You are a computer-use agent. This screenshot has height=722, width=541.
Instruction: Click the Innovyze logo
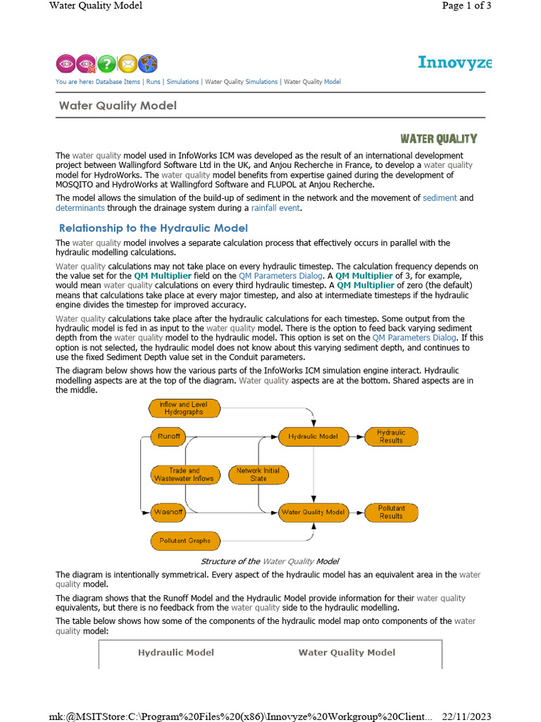point(454,62)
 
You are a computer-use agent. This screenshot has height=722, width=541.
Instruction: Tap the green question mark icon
point(106,63)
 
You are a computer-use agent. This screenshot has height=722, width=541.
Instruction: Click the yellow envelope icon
point(127,63)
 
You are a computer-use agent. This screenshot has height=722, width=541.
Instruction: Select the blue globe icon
point(148,63)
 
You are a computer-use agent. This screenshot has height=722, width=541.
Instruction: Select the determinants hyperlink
point(80,208)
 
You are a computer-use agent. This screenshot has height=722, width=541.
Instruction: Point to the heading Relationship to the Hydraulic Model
point(154,228)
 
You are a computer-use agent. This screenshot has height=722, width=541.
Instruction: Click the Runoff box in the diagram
point(169,436)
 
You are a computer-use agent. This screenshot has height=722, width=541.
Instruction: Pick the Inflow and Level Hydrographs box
point(185,408)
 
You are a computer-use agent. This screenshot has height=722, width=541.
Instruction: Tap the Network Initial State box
point(258,475)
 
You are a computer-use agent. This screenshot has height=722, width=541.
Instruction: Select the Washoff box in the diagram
point(169,512)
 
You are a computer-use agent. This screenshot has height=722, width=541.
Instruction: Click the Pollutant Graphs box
point(185,541)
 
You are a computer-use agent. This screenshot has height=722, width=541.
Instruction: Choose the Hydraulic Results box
point(391,436)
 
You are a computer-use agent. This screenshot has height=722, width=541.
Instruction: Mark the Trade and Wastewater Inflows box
point(184,475)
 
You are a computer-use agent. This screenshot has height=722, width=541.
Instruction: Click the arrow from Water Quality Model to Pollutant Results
point(356,512)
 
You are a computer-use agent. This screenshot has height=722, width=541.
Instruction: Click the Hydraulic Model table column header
point(175,652)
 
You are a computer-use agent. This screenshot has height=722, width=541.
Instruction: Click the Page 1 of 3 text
point(466,6)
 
